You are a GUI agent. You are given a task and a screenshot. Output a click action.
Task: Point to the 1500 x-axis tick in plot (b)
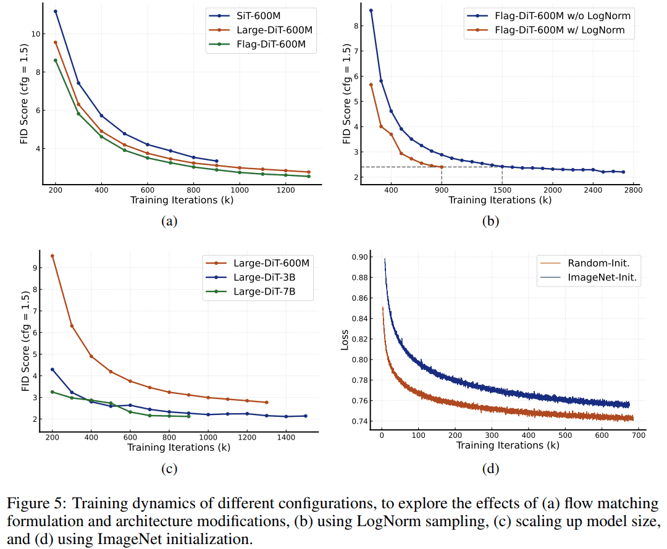502,189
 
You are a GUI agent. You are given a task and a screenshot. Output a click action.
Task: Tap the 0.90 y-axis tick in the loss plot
360,258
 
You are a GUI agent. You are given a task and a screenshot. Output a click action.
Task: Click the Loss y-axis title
345,340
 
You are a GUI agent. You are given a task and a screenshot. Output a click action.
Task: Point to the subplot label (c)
169,469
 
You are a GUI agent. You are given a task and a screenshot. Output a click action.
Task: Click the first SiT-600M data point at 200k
56,11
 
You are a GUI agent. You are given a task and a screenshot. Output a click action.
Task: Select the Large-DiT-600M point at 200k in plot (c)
52,256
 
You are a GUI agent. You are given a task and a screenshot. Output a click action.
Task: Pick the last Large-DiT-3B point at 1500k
305,416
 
